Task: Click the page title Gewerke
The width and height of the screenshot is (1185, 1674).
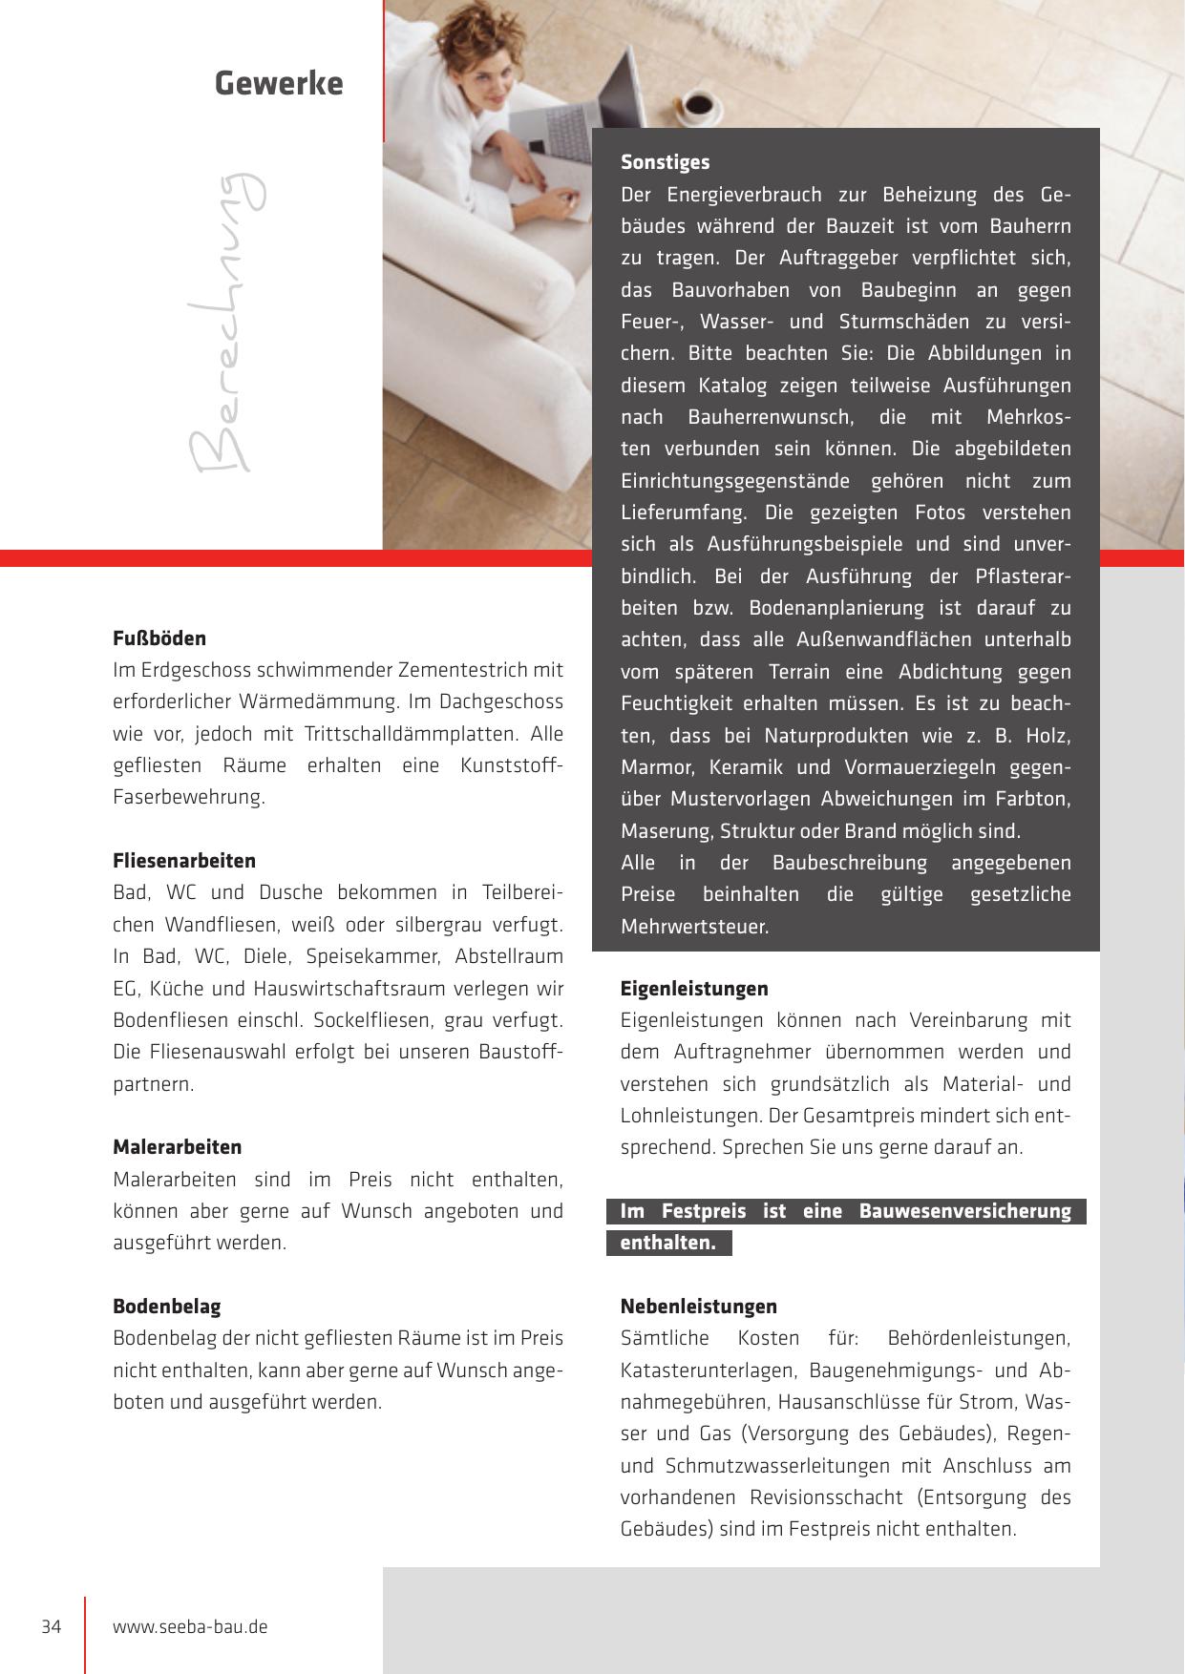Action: tap(278, 84)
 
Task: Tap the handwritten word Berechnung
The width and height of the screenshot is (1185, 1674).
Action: tap(223, 323)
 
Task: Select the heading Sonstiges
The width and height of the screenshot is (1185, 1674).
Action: tap(665, 162)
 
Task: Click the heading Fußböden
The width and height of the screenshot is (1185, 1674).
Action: tap(159, 638)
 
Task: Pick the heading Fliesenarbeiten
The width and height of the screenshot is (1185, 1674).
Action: tap(184, 861)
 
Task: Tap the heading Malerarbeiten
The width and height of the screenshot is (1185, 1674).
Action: tap(177, 1147)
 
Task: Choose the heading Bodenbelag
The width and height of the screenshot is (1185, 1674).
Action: tap(166, 1307)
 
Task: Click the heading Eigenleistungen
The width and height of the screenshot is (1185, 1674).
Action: tap(694, 989)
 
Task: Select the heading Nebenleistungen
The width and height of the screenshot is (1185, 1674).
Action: tap(698, 1307)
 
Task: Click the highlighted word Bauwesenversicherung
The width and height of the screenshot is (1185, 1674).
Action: tap(964, 1211)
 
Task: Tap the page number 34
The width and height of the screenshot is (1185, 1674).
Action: tap(52, 1626)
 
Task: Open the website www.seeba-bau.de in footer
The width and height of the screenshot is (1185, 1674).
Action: tap(190, 1626)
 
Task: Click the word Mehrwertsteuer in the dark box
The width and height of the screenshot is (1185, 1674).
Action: tap(694, 927)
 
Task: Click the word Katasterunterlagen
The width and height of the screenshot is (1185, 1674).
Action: tap(708, 1371)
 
